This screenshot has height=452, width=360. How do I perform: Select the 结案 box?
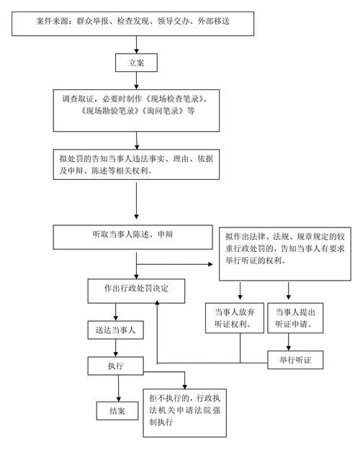tap(117, 411)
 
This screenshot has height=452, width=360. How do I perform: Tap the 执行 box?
tap(115, 366)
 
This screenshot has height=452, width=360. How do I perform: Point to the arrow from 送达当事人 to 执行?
tap(115, 348)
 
